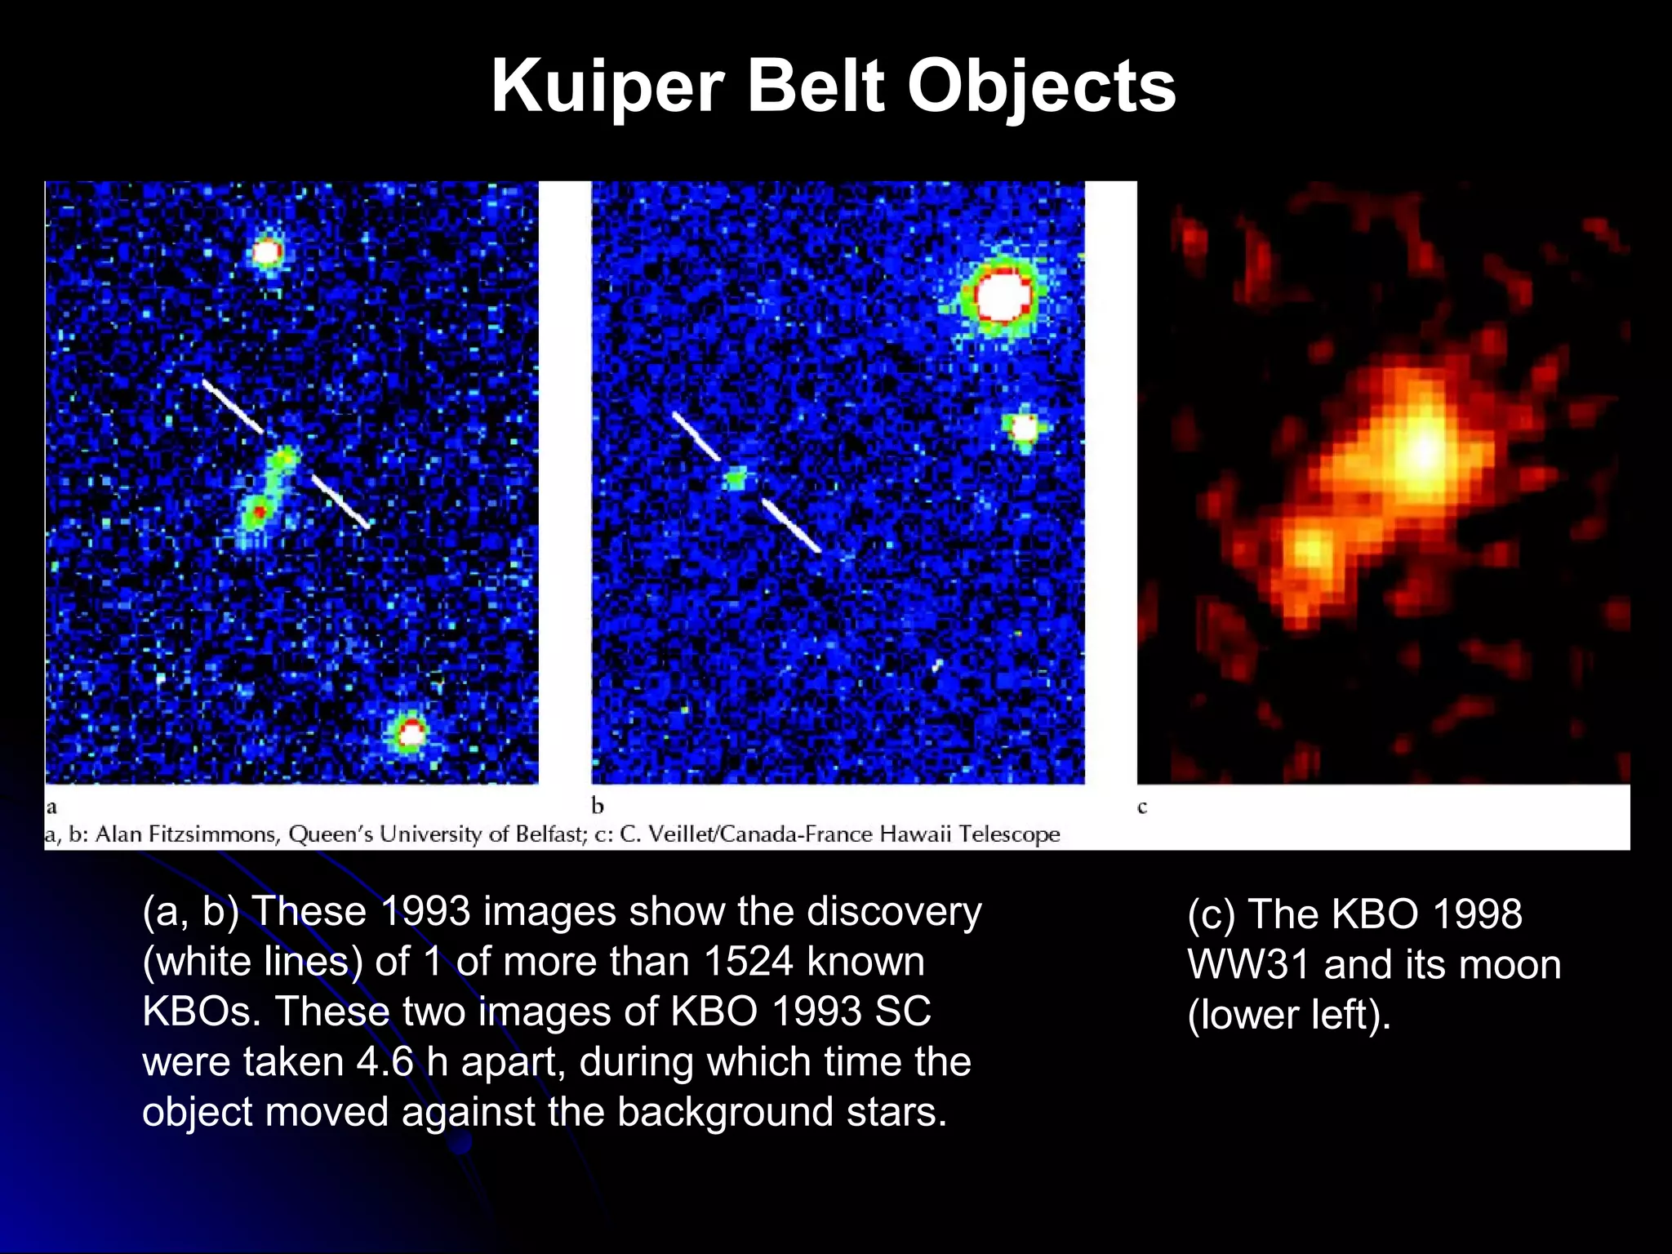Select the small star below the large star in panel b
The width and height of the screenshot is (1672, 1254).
[1023, 427]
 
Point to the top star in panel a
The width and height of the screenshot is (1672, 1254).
[267, 251]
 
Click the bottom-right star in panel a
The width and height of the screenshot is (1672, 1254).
[411, 733]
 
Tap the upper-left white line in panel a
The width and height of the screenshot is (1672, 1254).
[233, 405]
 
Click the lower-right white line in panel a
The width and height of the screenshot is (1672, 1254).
[340, 501]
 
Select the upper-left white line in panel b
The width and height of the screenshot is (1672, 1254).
[696, 436]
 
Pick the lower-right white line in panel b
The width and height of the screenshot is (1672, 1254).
[791, 526]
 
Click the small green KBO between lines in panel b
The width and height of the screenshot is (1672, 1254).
[736, 478]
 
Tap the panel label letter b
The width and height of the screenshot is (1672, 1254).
[598, 807]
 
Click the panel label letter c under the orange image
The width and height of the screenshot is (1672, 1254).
[1142, 807]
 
